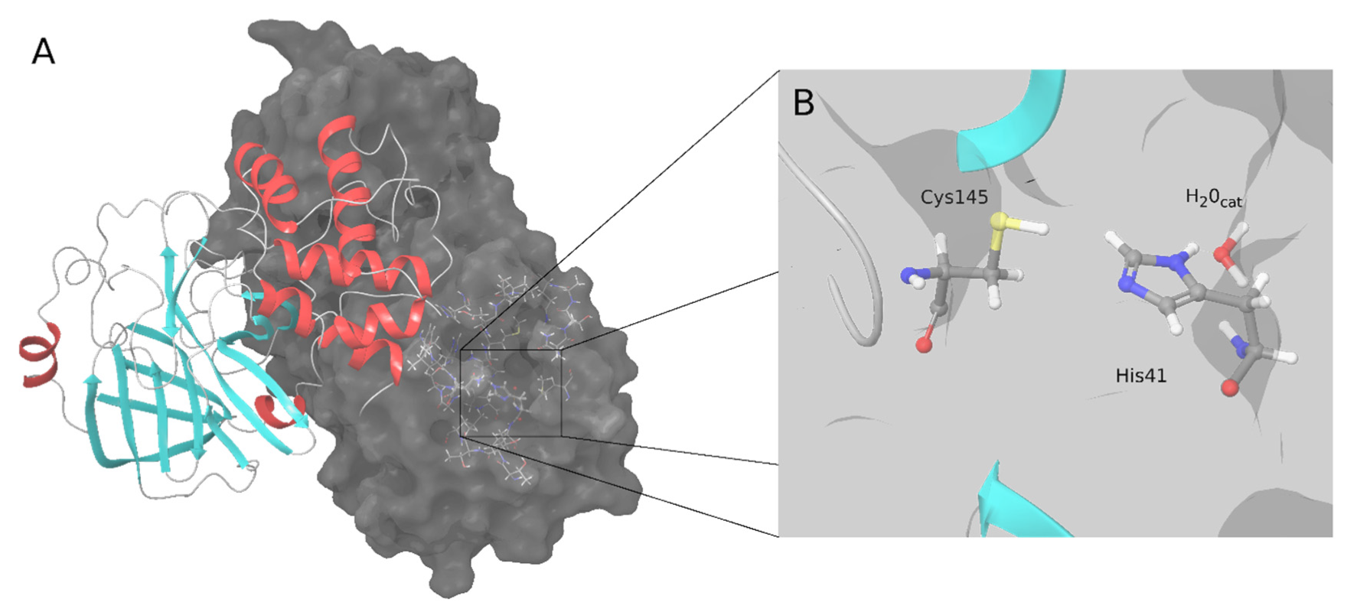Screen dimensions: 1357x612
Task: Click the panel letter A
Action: (x=44, y=52)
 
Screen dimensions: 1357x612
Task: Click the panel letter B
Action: (x=804, y=103)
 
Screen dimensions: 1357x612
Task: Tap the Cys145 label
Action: (x=954, y=197)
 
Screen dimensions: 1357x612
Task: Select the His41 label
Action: (x=1140, y=376)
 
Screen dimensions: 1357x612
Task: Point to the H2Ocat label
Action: (x=1213, y=199)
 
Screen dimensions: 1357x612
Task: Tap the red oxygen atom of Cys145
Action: (x=925, y=345)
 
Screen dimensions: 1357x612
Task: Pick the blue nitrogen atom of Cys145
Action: (x=909, y=275)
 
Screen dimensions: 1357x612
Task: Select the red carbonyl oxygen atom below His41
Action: (x=1230, y=388)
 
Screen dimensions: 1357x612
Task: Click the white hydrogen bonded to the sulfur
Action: (x=1039, y=227)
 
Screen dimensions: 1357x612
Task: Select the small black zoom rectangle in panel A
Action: (x=511, y=392)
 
